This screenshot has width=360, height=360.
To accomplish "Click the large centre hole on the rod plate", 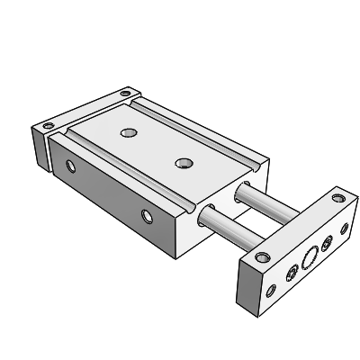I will pyautogui.click(x=310, y=257).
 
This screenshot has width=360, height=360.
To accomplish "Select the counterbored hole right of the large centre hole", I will pyautogui.click(x=327, y=241).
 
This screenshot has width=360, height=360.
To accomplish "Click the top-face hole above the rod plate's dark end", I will pyautogui.click(x=261, y=257).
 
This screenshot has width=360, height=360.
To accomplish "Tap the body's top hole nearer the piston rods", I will pyautogui.click(x=184, y=163).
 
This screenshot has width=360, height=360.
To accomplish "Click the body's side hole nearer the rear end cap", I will pyautogui.click(x=73, y=165).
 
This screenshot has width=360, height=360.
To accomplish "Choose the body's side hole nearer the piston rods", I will pyautogui.click(x=148, y=214).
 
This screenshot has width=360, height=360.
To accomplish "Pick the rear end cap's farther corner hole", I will pyautogui.click(x=126, y=93).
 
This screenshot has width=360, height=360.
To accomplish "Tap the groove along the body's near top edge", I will pyautogui.click(x=126, y=170).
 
